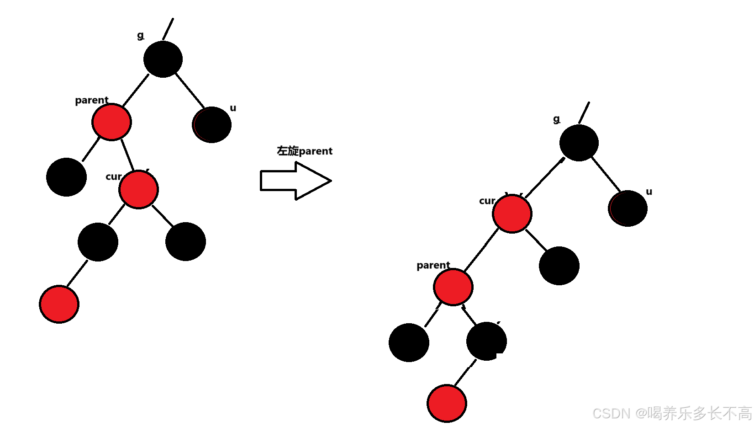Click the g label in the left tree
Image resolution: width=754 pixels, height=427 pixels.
140,35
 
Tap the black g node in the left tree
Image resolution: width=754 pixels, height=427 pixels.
163,59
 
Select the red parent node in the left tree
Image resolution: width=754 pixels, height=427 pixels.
111,122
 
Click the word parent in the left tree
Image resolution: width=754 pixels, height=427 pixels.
91,100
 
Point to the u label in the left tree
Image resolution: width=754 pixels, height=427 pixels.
233,108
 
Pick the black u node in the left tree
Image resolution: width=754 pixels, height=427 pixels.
211,125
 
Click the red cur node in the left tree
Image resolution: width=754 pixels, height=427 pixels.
138,189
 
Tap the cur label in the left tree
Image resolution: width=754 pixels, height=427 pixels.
113,176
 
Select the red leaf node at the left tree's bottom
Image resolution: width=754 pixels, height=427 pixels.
59,304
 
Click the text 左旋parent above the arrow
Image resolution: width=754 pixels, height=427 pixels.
305,151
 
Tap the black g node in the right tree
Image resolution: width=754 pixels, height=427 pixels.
579,143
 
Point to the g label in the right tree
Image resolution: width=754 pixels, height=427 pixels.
556,119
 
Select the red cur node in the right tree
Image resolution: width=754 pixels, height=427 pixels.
512,213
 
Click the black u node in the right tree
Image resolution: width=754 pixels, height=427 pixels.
628,208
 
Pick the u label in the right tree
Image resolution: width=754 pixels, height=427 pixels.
649,192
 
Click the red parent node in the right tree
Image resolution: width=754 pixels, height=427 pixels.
453,287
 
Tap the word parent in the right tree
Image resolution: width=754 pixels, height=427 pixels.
433,265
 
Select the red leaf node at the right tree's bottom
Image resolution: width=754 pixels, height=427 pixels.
447,403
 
